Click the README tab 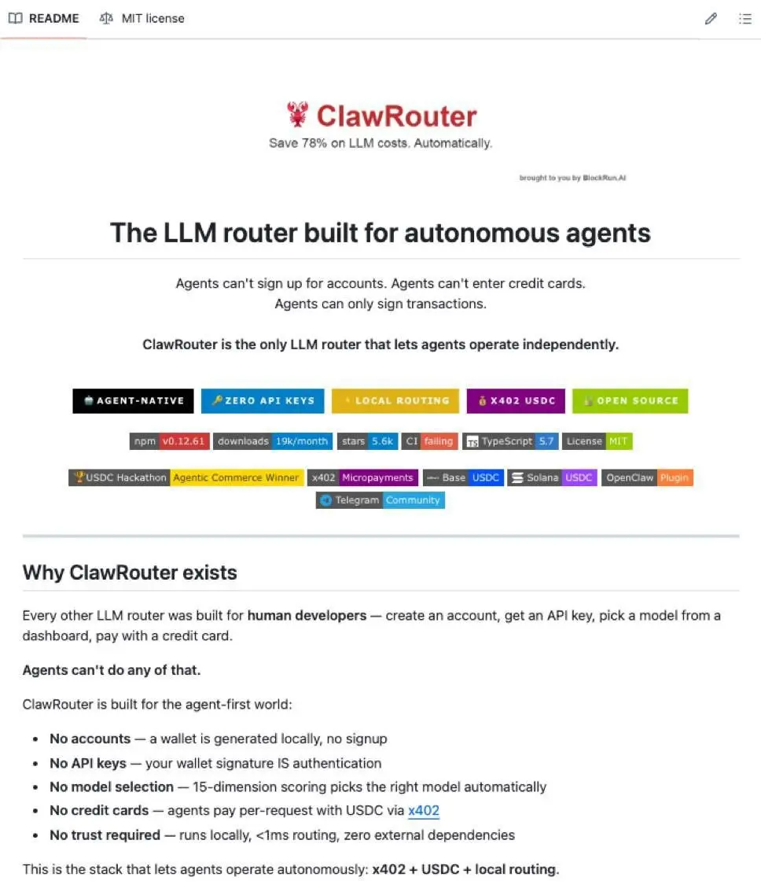44,18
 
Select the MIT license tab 142,18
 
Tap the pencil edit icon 711,19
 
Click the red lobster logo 298,115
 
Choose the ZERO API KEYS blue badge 263,400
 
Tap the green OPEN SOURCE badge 630,400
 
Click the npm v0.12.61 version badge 169,441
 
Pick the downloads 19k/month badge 273,441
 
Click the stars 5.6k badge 367,441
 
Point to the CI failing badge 429,441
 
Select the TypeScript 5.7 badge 510,441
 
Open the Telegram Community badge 380,500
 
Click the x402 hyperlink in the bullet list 424,810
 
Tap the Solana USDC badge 552,477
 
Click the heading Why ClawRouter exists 130,572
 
